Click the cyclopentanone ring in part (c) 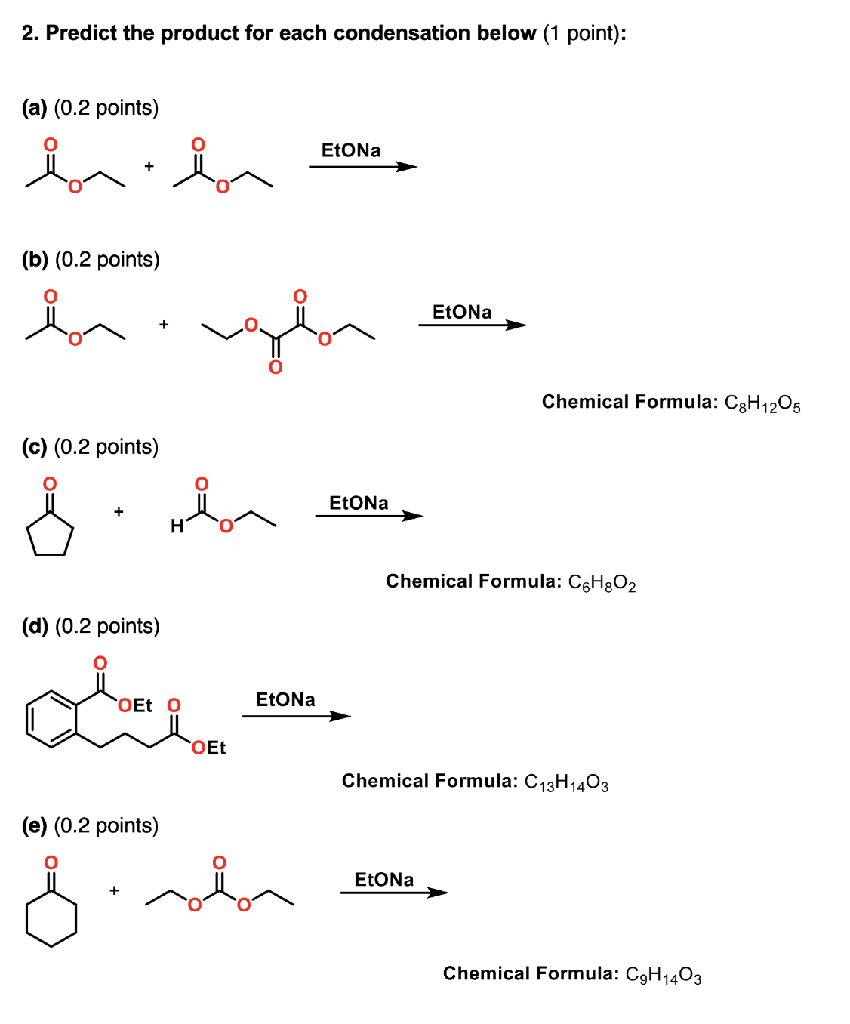coord(50,535)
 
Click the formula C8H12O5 coord(762,403)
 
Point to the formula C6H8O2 coord(602,583)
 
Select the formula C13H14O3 coord(566,782)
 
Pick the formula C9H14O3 coord(664,975)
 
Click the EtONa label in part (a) coord(351,150)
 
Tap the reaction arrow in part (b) coord(473,325)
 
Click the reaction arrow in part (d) coord(297,716)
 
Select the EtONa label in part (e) coord(384,880)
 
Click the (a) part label coord(35,108)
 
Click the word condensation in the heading coord(403,33)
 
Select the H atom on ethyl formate coord(177,526)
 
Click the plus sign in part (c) coord(119,512)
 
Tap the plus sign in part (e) coord(114,890)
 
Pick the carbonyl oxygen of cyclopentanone coord(50,483)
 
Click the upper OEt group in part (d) coord(135,705)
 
